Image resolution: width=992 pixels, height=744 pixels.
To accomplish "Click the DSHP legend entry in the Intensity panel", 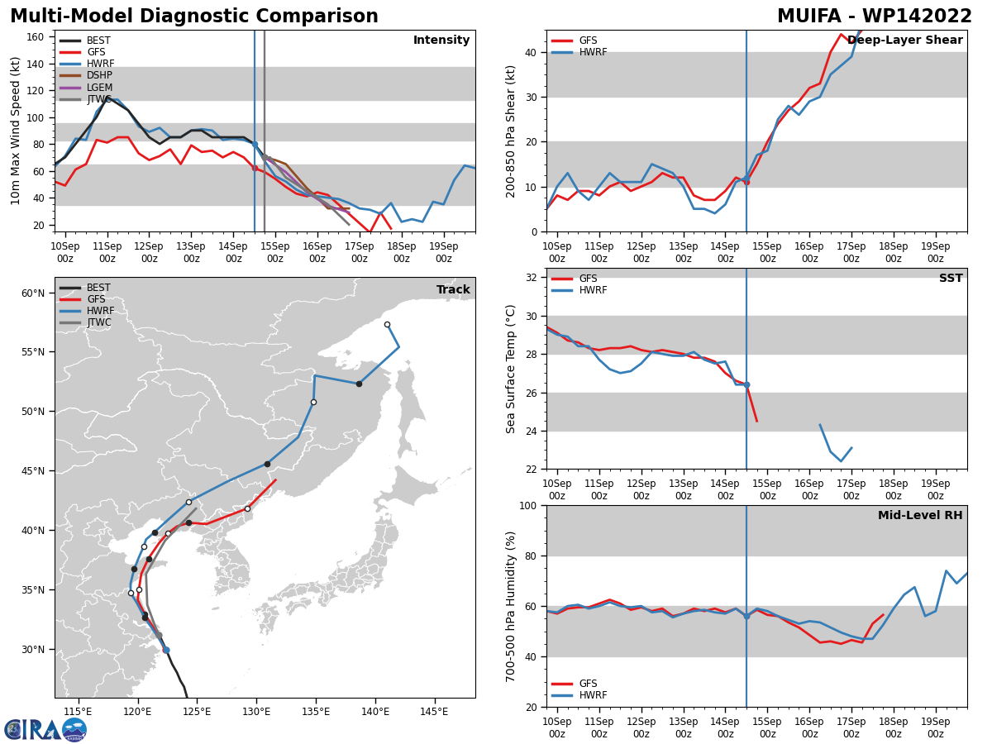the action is click(86, 75).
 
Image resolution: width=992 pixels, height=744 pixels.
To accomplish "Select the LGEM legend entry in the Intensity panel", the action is click(86, 87).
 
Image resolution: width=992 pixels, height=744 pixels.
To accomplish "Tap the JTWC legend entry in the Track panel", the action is click(85, 322).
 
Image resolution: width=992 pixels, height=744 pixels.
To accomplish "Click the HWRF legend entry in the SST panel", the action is click(579, 290).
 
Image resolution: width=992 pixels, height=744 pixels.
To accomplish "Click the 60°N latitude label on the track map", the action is click(33, 293).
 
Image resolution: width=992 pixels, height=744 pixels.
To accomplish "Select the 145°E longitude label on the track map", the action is click(434, 713).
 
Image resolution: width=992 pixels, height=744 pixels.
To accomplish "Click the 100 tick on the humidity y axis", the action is click(527, 505).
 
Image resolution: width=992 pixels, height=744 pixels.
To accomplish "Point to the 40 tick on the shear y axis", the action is click(530, 52).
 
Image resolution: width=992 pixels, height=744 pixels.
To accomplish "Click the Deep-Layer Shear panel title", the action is click(904, 40).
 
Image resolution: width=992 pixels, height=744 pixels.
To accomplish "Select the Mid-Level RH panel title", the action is click(920, 515).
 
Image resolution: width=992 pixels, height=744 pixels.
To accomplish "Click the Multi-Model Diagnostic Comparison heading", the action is click(194, 16).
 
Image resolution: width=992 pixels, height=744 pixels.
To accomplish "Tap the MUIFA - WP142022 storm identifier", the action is click(875, 16).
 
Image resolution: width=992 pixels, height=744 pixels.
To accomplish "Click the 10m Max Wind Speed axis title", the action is click(15, 131).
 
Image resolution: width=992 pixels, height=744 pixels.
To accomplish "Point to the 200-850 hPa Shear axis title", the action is click(510, 132).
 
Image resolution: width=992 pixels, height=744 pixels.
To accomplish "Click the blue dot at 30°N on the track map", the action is click(166, 650).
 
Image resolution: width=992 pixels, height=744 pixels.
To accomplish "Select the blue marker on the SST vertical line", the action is click(746, 385).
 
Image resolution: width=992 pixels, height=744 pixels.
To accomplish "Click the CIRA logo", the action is click(45, 730).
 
